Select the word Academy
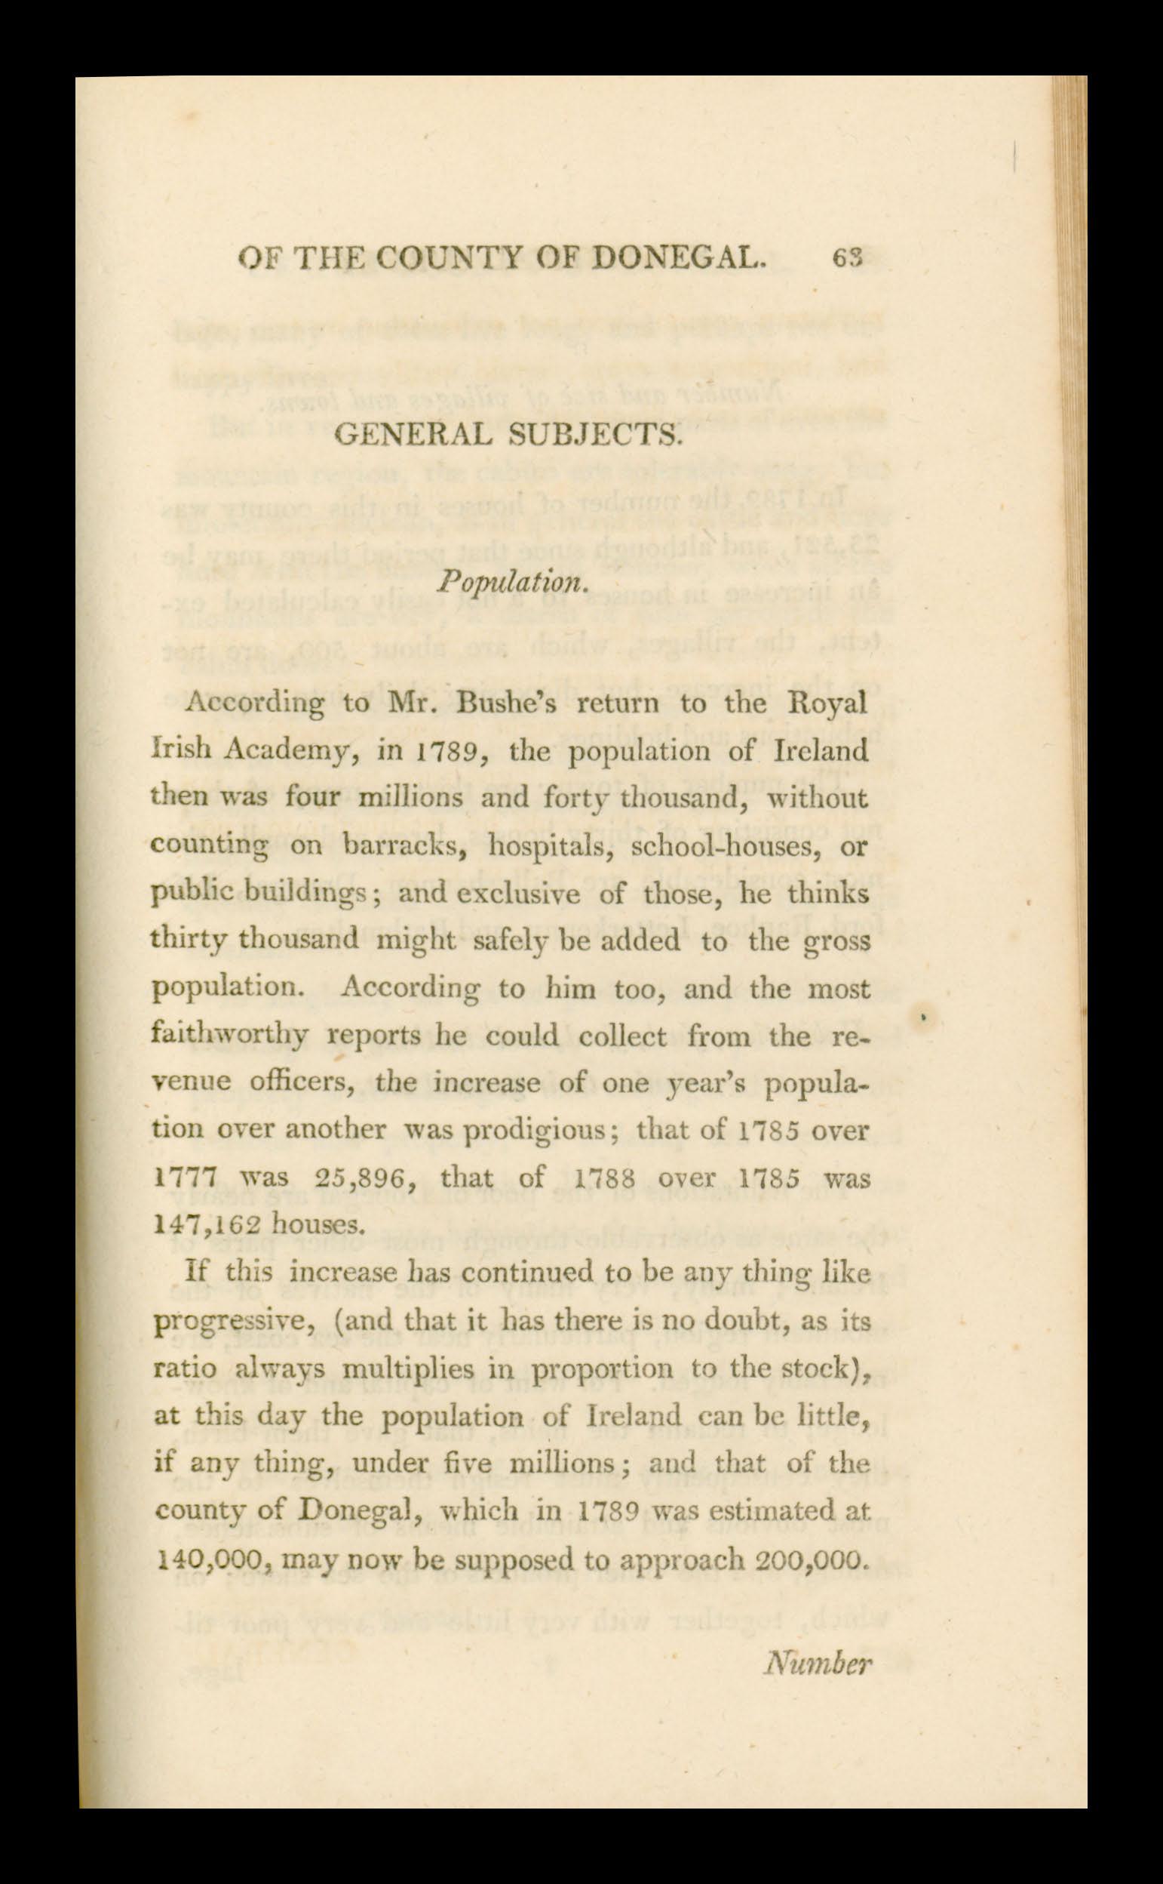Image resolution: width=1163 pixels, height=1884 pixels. click(x=291, y=752)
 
